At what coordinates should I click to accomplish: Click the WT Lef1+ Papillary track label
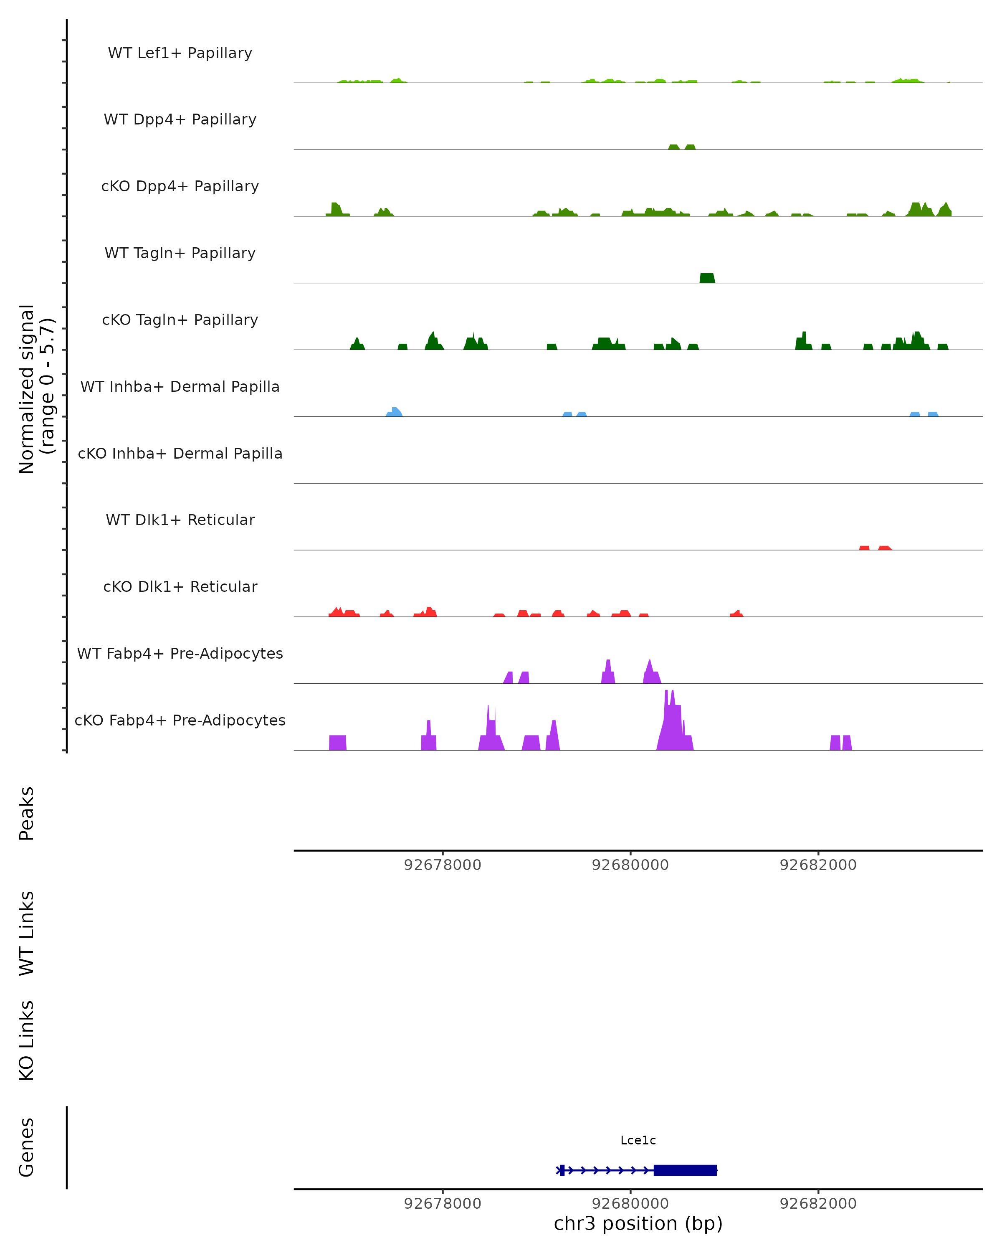coord(180,53)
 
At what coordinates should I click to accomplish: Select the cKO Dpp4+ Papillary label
coord(180,187)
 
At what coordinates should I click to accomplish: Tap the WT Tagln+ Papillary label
coord(180,254)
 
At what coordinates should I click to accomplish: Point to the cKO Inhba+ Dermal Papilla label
coord(180,454)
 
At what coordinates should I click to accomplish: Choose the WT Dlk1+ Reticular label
coord(180,520)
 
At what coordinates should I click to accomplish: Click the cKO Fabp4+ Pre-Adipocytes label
coord(180,720)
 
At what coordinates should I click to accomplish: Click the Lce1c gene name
coord(638,1140)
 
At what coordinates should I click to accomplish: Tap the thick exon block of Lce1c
coord(685,1170)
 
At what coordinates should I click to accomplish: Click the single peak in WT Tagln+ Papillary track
coord(707,279)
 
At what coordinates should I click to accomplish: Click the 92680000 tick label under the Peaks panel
coord(630,865)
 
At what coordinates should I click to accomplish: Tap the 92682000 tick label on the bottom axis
coord(818,1204)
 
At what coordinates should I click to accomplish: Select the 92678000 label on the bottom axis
coord(443,1204)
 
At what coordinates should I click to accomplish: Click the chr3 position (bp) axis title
coord(638,1224)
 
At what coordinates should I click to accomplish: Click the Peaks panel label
coord(27,814)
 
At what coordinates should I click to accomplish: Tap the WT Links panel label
coord(27,933)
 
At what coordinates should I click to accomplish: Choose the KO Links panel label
coord(27,1041)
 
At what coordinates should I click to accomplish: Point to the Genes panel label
coord(27,1148)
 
